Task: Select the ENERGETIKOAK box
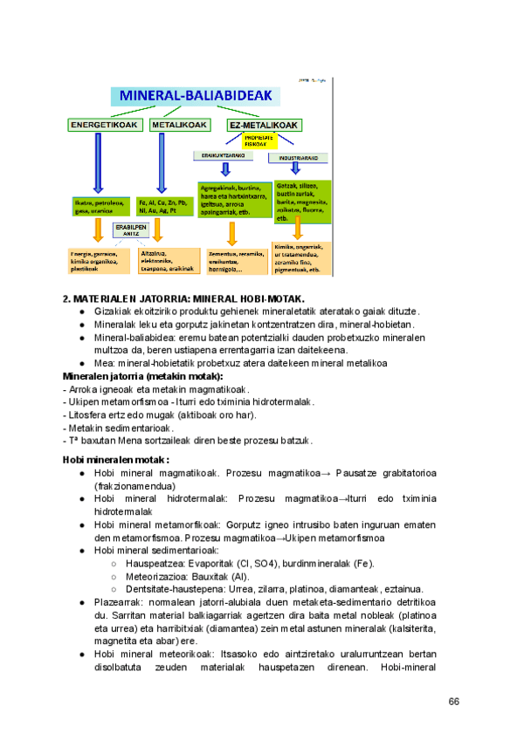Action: (x=103, y=125)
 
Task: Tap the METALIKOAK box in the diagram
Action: (x=180, y=125)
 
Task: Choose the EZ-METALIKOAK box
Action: (x=264, y=126)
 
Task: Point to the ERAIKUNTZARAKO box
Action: (x=223, y=155)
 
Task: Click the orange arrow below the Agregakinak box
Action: (x=232, y=233)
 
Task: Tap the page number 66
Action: (x=453, y=702)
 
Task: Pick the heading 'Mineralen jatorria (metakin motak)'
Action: (x=143, y=375)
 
